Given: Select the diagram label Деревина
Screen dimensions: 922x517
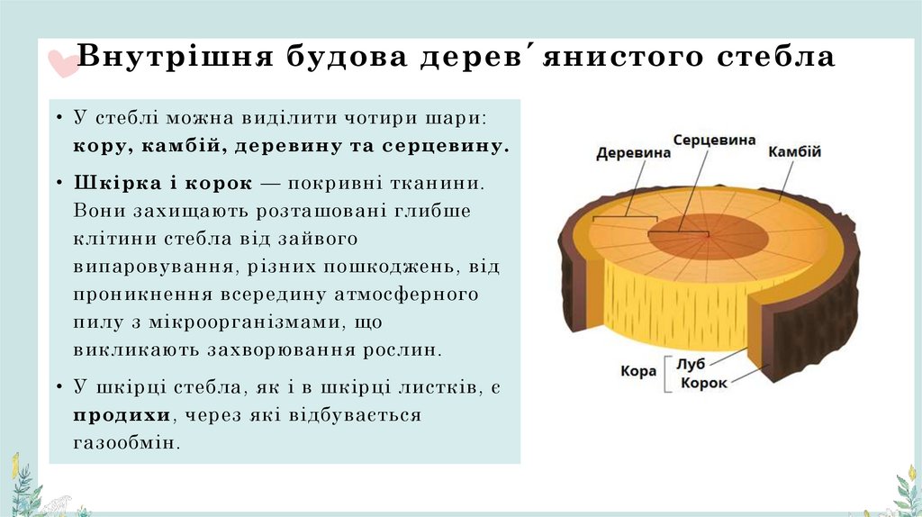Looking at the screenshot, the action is [633, 153].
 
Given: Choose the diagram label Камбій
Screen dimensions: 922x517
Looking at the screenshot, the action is [794, 151].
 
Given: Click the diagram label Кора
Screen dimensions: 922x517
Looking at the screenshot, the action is [638, 370].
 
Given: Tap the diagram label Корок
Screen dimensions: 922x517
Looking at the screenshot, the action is [703, 383].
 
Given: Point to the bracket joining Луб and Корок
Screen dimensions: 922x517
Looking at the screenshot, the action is [666, 373].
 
